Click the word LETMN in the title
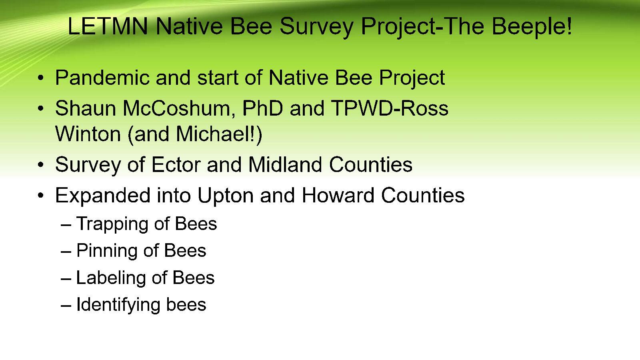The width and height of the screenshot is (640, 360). pyautogui.click(x=108, y=26)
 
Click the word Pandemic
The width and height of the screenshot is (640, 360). pyautogui.click(x=102, y=77)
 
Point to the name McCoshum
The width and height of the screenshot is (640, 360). pyautogui.click(x=176, y=108)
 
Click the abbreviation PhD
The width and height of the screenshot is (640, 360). pyautogui.click(x=262, y=108)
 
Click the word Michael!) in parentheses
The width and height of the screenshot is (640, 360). pyautogui.click(x=219, y=134)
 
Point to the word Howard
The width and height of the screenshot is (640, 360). pyautogui.click(x=338, y=195)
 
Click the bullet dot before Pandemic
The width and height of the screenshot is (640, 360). pyautogui.click(x=41, y=78)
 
